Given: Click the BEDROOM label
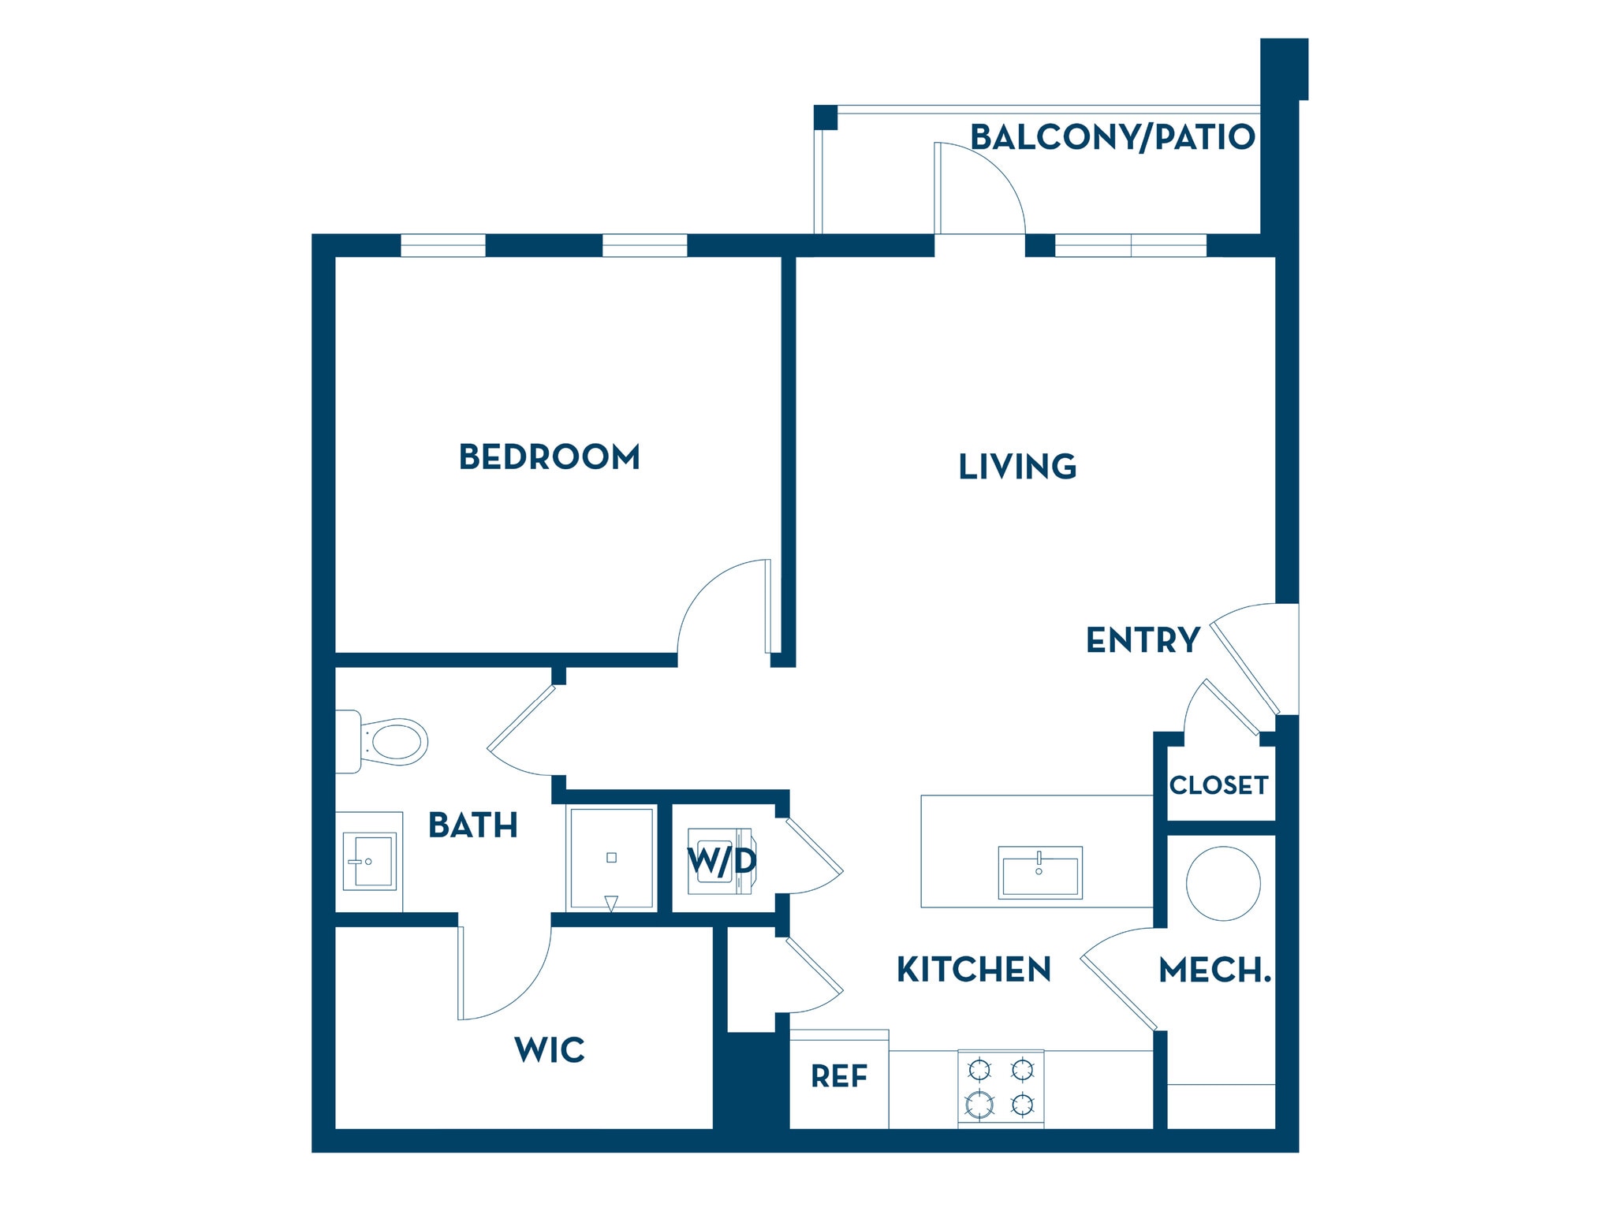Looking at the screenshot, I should pyautogui.click(x=549, y=457).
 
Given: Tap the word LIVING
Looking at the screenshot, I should pyautogui.click(x=1017, y=467).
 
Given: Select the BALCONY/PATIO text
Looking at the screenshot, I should pyautogui.click(x=1112, y=137).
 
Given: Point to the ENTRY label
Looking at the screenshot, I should pyautogui.click(x=1143, y=640).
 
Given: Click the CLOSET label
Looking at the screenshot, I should pyautogui.click(x=1218, y=785).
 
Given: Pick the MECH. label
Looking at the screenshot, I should pyautogui.click(x=1214, y=971).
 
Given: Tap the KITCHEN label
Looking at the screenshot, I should pyautogui.click(x=974, y=970).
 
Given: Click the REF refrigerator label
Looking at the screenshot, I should pyautogui.click(x=839, y=1076).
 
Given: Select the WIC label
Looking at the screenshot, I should pyautogui.click(x=550, y=1050).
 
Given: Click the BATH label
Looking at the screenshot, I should pyautogui.click(x=473, y=825).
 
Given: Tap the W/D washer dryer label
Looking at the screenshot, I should pyautogui.click(x=722, y=861).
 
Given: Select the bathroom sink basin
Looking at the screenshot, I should pyautogui.click(x=370, y=862).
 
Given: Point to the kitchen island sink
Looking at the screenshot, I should pyautogui.click(x=1039, y=872).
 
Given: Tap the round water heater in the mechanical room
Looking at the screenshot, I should pyautogui.click(x=1223, y=883).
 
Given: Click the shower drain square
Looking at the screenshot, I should pyautogui.click(x=611, y=858).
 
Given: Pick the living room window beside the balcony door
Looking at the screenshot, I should pyautogui.click(x=1130, y=245).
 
